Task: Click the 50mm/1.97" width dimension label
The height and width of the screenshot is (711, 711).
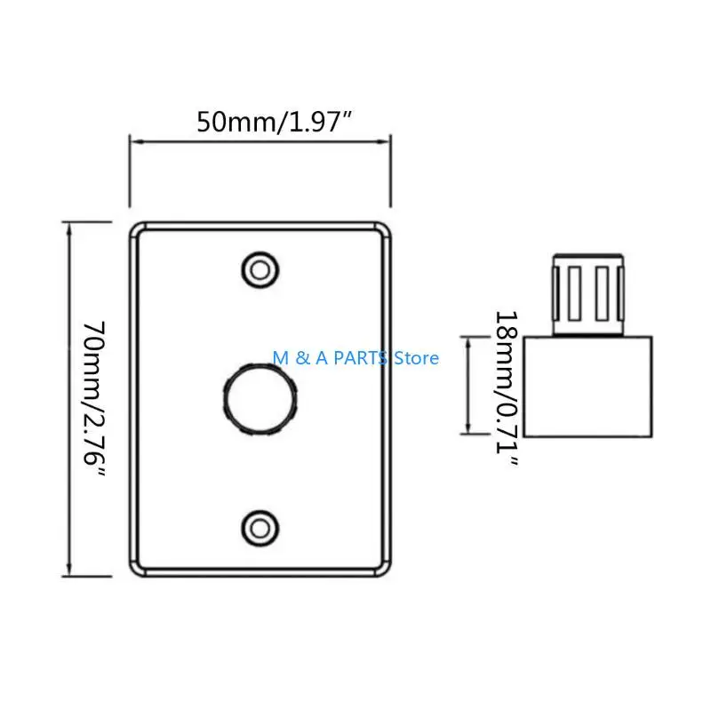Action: pyautogui.click(x=275, y=122)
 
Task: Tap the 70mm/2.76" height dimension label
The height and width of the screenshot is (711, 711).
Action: pyautogui.click(x=94, y=399)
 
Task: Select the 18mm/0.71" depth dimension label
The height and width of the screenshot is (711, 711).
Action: pyautogui.click(x=506, y=388)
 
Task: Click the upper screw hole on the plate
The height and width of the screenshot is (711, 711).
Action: pyautogui.click(x=260, y=270)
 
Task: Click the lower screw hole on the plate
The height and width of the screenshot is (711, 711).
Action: pyautogui.click(x=260, y=528)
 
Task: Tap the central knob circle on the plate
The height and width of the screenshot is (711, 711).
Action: pyautogui.click(x=260, y=399)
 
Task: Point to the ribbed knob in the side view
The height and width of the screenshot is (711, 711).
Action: pyautogui.click(x=588, y=295)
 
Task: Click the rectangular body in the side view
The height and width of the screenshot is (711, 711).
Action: pyautogui.click(x=588, y=387)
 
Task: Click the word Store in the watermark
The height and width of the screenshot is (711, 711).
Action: pyautogui.click(x=416, y=358)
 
